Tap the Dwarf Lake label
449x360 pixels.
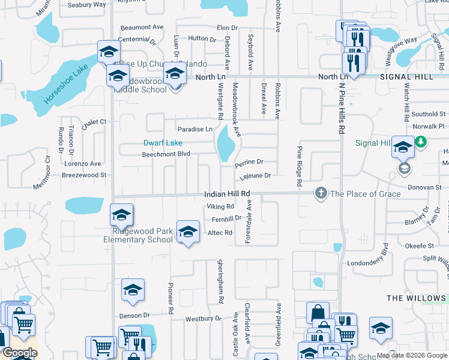click(x=162, y=143)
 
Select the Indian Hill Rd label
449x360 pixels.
click(x=226, y=194)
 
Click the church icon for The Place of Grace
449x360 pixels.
click(x=321, y=193)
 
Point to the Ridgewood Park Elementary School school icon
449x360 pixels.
click(x=121, y=215)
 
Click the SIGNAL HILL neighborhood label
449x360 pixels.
click(x=414, y=77)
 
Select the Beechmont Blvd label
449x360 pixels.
click(x=166, y=154)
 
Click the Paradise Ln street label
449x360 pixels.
click(x=194, y=129)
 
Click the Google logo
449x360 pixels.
click(x=20, y=353)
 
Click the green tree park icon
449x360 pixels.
click(x=421, y=142)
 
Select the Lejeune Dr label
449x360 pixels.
click(x=256, y=175)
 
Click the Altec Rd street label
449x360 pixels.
click(x=220, y=233)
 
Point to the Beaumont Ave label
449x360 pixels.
click(x=142, y=28)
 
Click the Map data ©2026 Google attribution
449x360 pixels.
click(x=412, y=355)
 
